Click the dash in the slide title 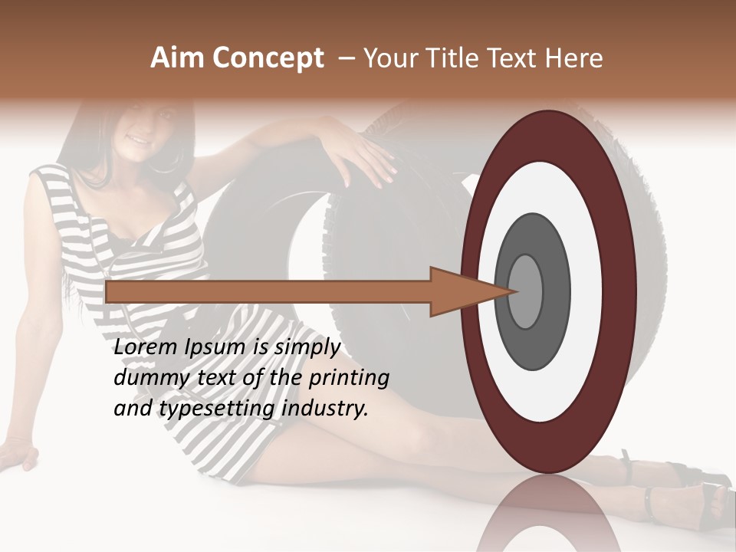click(347, 59)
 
